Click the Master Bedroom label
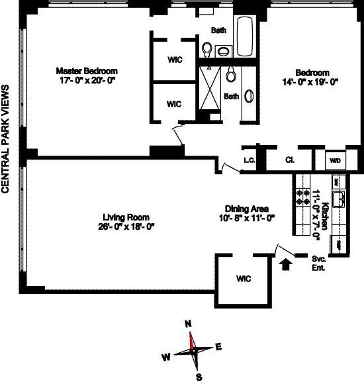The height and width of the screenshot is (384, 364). tap(86, 71)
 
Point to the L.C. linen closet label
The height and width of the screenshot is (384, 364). tap(250, 160)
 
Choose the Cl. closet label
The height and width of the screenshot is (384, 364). tap(290, 160)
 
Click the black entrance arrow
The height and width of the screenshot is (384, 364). tap(286, 265)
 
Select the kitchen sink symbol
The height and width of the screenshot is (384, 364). tap(339, 197)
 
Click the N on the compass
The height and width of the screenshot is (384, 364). tap(188, 324)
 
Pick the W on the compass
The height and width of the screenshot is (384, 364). tap(166, 357)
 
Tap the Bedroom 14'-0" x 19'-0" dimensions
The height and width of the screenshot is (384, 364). tap(311, 83)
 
